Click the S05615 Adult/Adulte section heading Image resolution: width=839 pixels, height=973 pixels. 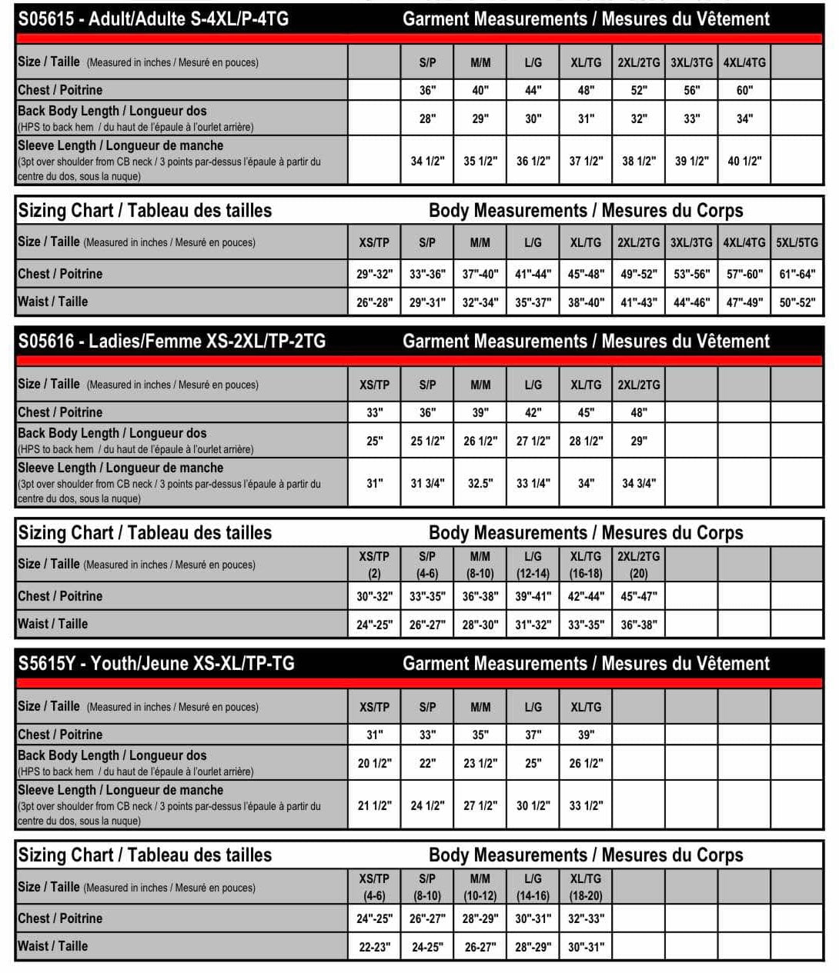153,19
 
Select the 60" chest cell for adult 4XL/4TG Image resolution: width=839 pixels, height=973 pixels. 744,90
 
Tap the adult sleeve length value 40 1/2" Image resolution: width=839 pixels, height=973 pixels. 744,161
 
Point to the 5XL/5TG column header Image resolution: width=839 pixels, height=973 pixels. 797,242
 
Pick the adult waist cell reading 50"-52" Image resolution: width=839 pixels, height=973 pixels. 797,302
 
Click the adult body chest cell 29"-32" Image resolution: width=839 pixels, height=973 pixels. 374,274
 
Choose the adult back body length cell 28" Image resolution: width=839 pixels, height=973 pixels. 427,118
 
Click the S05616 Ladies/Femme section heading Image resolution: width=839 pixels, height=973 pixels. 172,342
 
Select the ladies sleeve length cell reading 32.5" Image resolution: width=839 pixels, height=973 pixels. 480,483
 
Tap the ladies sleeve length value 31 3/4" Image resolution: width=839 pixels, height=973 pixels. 427,483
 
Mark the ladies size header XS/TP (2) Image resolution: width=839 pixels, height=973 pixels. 374,565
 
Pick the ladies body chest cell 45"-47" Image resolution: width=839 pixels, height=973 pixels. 639,596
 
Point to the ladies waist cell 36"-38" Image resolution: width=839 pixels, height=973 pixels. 639,625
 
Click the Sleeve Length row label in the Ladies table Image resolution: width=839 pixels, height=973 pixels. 120,468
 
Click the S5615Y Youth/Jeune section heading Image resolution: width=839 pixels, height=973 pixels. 156,664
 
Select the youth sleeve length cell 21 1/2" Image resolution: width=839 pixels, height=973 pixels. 374,805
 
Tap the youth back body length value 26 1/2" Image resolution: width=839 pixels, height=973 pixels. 586,763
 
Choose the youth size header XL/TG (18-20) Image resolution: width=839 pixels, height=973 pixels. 586,887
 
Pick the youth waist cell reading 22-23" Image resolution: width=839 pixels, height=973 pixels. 374,947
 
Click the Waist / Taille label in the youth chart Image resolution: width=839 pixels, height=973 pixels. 52,946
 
